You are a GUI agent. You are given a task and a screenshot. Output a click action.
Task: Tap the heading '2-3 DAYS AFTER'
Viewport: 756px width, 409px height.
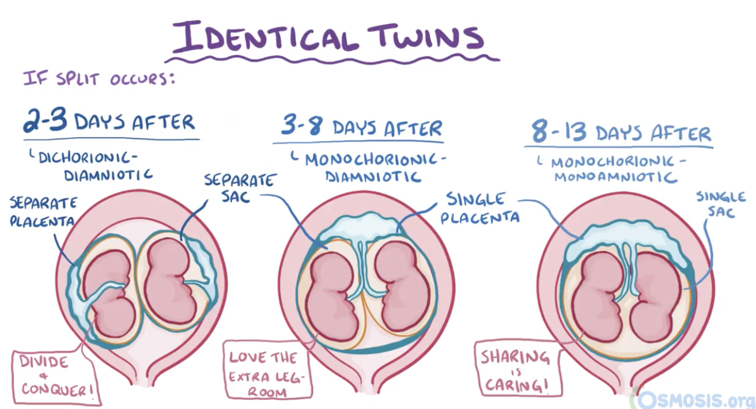[109, 123]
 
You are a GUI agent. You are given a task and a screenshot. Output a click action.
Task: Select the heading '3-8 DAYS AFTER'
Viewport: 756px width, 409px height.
[361, 127]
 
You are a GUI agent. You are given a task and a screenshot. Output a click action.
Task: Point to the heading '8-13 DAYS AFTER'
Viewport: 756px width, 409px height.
[621, 133]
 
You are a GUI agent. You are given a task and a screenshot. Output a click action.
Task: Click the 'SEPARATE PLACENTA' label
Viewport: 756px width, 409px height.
[43, 212]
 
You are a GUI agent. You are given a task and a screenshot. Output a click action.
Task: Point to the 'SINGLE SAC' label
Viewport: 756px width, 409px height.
[721, 204]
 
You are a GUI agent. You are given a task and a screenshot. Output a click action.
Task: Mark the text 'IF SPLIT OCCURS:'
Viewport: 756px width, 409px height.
[99, 79]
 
